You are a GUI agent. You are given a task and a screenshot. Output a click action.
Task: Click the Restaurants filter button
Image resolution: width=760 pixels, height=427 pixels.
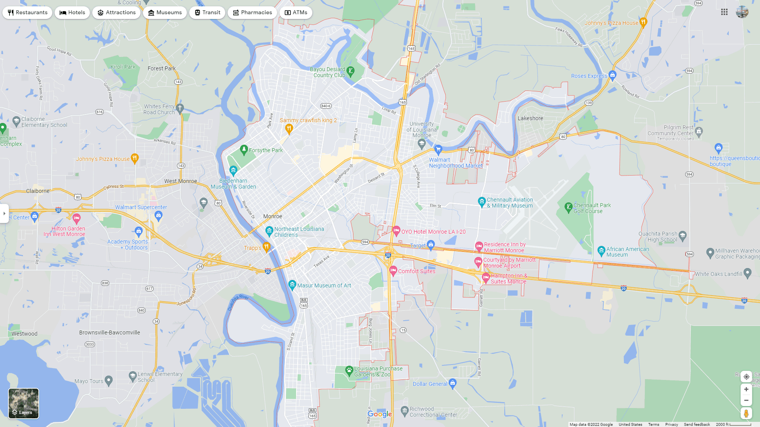coord(27,13)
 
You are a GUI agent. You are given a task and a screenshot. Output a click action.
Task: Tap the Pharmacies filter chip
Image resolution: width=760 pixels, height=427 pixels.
coord(252,13)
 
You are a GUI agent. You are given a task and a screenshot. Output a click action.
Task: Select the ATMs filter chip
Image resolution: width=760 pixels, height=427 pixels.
coord(296,13)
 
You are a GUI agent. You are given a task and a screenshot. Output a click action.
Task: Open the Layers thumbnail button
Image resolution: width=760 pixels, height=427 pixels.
coord(24,403)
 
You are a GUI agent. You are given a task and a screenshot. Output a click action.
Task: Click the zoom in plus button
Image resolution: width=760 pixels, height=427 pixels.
coord(746,389)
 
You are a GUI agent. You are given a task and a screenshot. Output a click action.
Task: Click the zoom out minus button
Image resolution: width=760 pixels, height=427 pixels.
coord(746,401)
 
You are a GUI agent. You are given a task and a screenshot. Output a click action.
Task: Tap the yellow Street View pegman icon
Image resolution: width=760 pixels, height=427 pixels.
coord(746,414)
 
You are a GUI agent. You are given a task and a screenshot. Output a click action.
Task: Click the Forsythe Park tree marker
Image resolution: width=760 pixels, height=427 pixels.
coord(244,149)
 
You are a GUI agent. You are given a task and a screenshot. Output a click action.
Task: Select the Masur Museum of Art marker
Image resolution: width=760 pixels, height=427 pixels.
coord(292,284)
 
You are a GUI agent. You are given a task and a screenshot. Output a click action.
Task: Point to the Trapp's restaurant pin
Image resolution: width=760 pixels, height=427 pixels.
coord(266,247)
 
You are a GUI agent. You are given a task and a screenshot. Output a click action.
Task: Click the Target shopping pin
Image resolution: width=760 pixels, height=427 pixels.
coord(431,245)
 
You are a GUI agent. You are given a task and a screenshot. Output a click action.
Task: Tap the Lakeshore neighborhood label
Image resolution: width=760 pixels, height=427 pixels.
coord(530,118)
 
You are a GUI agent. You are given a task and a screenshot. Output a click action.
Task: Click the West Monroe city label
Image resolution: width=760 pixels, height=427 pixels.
coord(180,181)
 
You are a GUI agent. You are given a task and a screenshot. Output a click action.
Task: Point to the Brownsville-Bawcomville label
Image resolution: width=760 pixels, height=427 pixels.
coord(110,333)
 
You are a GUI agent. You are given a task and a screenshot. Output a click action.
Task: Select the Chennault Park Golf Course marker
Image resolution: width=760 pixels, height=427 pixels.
coord(568,207)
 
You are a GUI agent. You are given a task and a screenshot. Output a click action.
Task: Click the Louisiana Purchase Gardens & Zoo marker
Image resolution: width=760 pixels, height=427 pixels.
coord(349,370)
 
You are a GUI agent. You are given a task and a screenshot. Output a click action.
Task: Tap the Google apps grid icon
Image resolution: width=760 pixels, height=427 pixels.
coord(724,12)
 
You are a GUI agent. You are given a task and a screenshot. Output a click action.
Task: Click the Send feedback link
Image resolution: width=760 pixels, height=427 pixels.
coord(697,425)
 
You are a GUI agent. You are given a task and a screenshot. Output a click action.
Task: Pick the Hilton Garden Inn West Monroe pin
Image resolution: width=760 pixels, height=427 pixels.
coord(77,218)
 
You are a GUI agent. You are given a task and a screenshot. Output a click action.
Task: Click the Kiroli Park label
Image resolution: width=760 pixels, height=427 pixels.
coord(123,67)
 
